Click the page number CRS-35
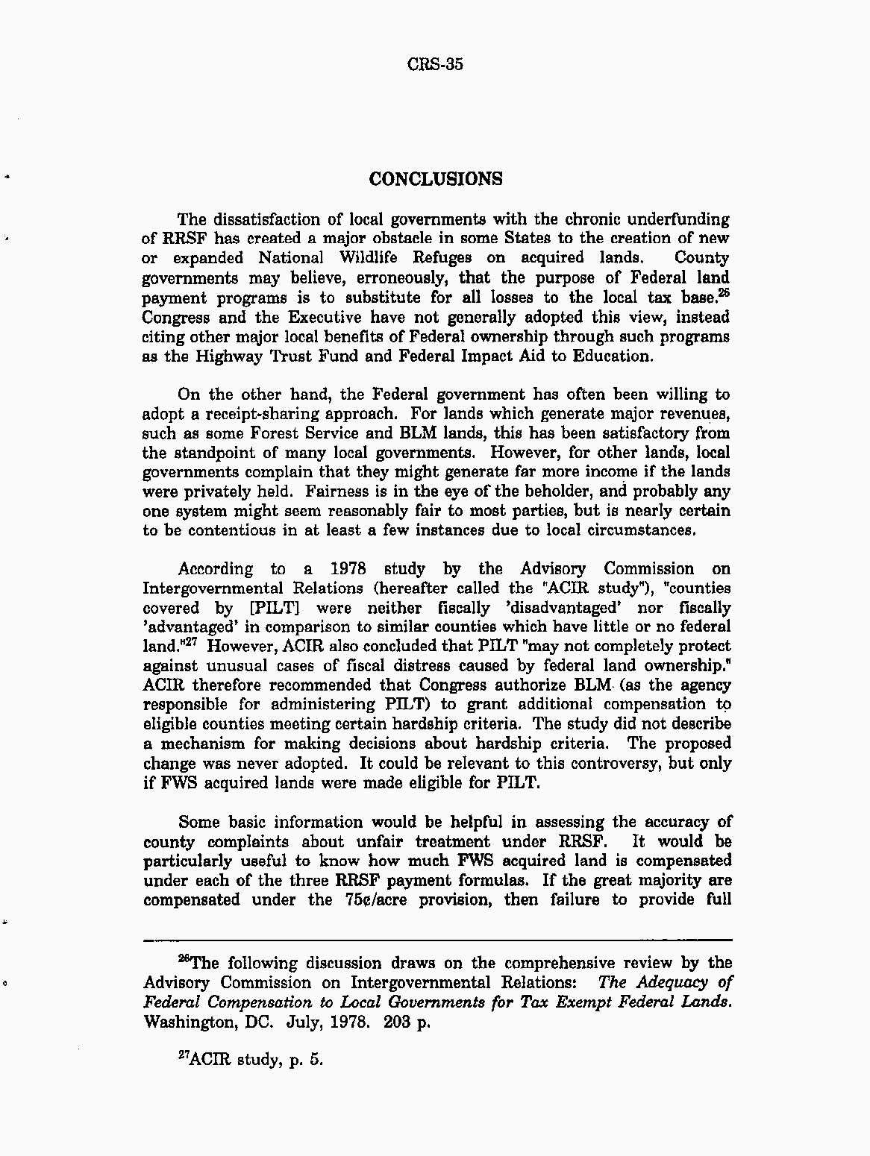(x=436, y=64)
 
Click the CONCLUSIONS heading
(x=436, y=179)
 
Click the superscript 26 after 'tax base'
(x=723, y=293)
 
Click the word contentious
(x=232, y=530)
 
